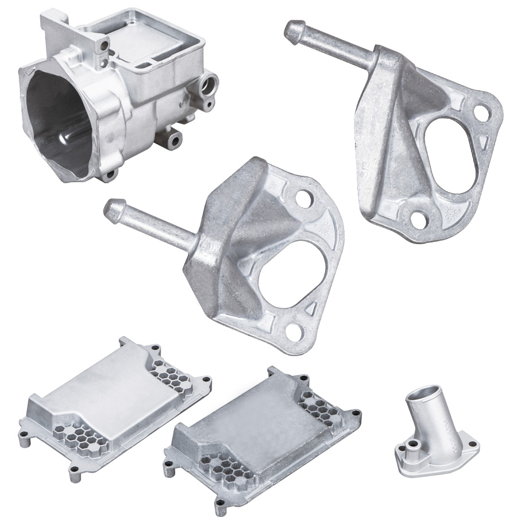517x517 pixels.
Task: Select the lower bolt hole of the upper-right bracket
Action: pos(418,217)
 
